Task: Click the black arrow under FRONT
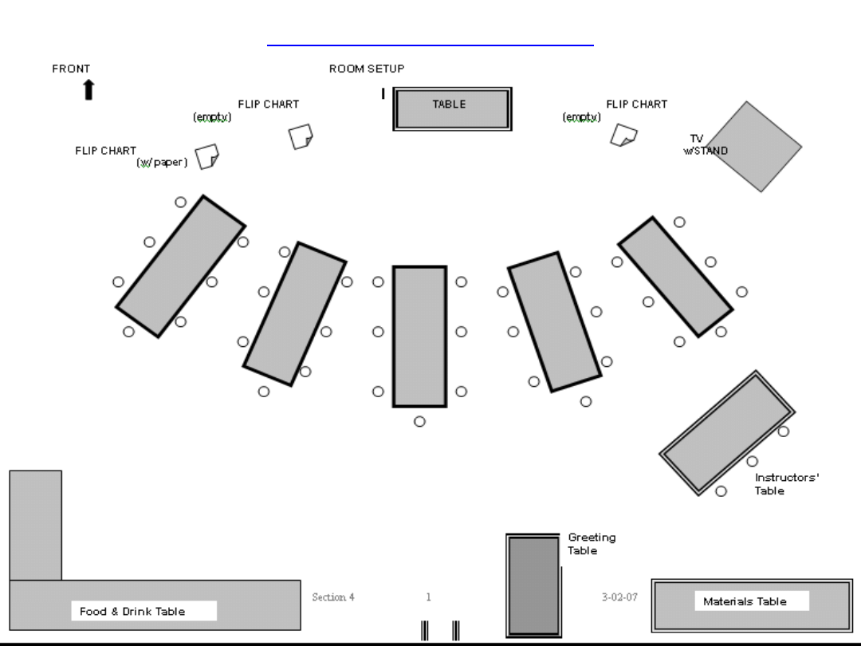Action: [x=88, y=90]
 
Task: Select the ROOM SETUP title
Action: [x=367, y=69]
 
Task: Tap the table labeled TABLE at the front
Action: [x=452, y=108]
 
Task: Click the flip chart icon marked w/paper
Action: [x=206, y=156]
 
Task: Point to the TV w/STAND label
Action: [x=705, y=144]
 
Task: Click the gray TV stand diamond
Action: [x=753, y=146]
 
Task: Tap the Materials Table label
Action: [x=745, y=601]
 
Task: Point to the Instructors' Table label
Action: [x=786, y=484]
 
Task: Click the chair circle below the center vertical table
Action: [x=420, y=421]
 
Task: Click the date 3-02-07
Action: [x=619, y=597]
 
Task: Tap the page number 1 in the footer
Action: [x=429, y=597]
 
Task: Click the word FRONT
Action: [x=71, y=69]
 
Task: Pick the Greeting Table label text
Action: [x=591, y=544]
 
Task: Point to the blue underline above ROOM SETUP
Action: [x=431, y=46]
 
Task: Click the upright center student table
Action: [x=419, y=336]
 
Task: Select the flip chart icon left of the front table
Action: [x=300, y=136]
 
